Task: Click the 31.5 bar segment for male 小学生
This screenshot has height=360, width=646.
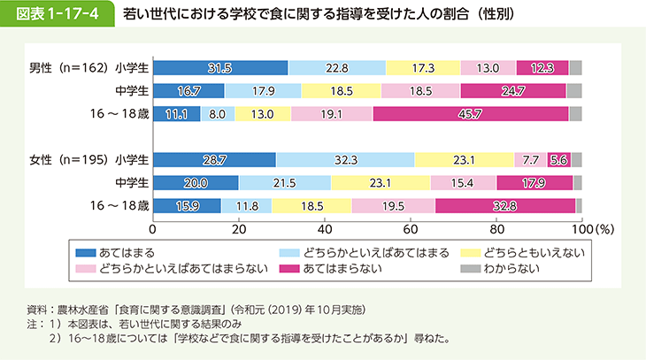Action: (219, 67)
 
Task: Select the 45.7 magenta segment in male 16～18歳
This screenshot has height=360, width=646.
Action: (471, 113)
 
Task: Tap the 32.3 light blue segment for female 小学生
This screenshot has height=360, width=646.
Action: (344, 159)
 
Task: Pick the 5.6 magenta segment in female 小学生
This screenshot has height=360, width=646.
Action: (558, 159)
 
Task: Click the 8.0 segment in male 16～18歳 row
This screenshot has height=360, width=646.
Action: (218, 113)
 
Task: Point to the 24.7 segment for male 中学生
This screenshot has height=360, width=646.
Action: (513, 90)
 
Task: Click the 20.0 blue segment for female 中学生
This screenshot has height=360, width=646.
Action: (195, 182)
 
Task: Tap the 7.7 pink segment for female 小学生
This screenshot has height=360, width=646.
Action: (530, 159)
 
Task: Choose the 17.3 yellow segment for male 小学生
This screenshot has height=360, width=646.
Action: (423, 67)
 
